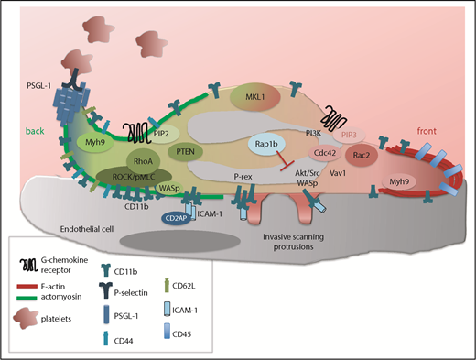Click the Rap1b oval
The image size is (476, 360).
pos(268,144)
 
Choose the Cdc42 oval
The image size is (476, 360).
pos(326,155)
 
